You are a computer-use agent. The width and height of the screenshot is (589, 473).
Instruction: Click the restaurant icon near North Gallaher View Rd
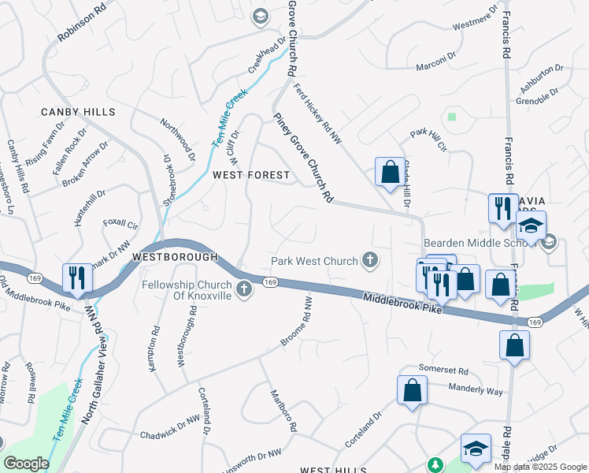[x=76, y=277]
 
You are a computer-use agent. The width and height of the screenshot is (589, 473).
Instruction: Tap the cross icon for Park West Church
[x=369, y=260]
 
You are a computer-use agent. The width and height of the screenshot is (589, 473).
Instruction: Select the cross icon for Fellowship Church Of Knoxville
[x=243, y=289]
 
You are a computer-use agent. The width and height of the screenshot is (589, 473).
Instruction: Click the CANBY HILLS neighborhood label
[x=78, y=113]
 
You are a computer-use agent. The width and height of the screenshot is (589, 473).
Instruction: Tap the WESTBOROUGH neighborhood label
[x=175, y=257]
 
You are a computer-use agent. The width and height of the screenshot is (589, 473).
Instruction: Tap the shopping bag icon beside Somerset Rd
[x=412, y=390]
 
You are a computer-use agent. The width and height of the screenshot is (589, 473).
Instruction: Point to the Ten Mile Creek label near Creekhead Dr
[x=229, y=118]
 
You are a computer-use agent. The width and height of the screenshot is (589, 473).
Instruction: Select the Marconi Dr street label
[x=436, y=61]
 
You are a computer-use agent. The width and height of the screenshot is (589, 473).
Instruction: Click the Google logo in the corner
[x=26, y=464]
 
